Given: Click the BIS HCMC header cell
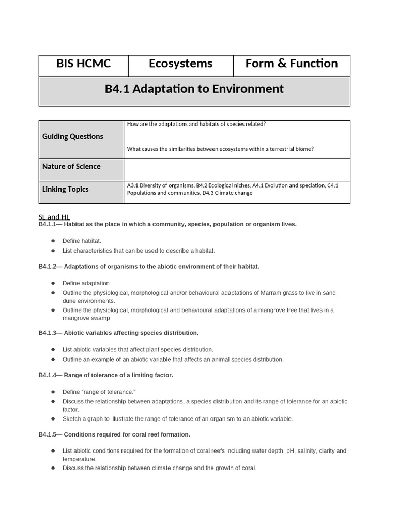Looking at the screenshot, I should pos(83,64).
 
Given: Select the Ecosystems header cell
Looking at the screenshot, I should pos(180,64).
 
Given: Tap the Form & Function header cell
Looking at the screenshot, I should pos(292,64).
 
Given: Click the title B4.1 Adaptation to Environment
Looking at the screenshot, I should pos(194,89).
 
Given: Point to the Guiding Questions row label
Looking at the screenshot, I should pos(73,136).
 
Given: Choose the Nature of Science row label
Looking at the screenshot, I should pos(71,166).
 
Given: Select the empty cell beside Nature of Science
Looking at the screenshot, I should pos(237,169).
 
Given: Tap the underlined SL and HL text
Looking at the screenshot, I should pos(54,217).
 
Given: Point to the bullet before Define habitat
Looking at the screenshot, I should pos(53,241).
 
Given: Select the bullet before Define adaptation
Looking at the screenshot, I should pos(53,283).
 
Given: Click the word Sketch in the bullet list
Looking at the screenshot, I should pos(71,419).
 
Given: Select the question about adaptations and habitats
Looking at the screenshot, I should pos(196,124).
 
